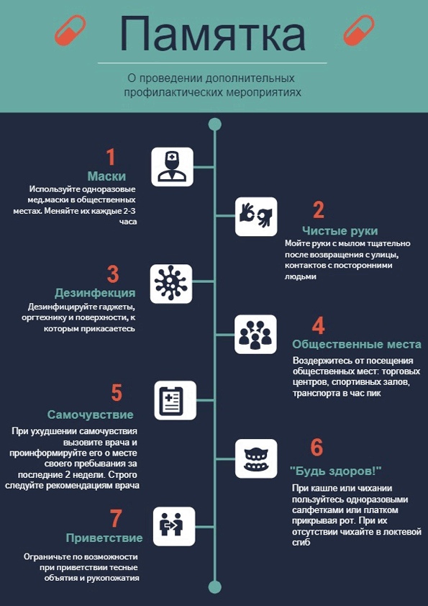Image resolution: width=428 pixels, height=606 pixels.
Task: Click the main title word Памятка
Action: pyautogui.click(x=213, y=34)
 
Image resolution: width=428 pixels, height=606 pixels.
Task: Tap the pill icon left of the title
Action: pyautogui.click(x=70, y=31)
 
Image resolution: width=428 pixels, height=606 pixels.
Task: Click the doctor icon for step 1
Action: pyautogui.click(x=172, y=167)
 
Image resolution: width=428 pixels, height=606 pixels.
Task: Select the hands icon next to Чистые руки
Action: pyautogui.click(x=256, y=217)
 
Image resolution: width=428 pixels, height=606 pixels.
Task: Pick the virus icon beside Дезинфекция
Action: pyautogui.click(x=170, y=284)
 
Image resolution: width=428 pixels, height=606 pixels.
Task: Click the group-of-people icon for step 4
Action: pyautogui.click(x=255, y=334)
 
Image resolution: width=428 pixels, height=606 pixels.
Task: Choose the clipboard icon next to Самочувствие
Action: pyautogui.click(x=176, y=400)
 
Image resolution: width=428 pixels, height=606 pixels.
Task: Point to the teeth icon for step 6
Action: pyautogui.click(x=256, y=458)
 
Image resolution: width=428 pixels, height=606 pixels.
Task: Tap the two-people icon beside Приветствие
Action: pyautogui.click(x=174, y=526)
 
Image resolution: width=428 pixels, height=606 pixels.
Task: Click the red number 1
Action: pyautogui.click(x=111, y=158)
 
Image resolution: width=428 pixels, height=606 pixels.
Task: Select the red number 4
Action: pyautogui.click(x=318, y=327)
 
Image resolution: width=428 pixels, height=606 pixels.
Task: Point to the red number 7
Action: pyautogui.click(x=116, y=519)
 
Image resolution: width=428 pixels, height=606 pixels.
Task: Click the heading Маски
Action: pyautogui.click(x=107, y=176)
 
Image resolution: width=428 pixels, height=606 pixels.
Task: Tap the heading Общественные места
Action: pyautogui.click(x=357, y=344)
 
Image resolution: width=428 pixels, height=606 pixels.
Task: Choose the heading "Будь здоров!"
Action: pyautogui.click(x=336, y=471)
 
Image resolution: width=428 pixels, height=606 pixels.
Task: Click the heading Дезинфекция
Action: pyautogui.click(x=95, y=293)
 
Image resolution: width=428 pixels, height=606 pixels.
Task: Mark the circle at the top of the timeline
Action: pyautogui.click(x=214, y=125)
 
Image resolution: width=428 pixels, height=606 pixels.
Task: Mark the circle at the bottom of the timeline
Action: pyautogui.click(x=214, y=587)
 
